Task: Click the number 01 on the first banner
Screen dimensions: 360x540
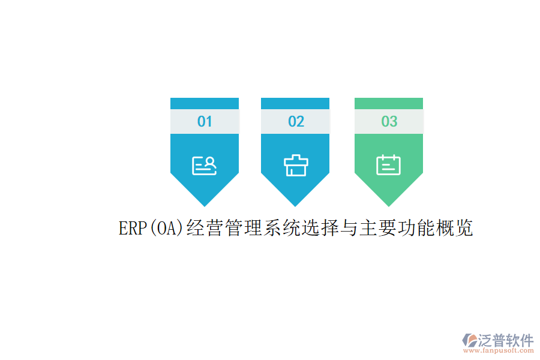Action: click(205, 121)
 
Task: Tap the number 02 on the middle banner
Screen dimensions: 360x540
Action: click(296, 121)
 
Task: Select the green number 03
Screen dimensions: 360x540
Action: click(389, 121)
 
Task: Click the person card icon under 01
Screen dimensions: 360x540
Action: click(205, 165)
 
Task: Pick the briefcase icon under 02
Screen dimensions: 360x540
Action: click(296, 165)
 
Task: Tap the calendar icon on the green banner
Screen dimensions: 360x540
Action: click(389, 165)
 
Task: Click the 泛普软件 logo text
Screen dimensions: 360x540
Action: click(506, 340)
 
